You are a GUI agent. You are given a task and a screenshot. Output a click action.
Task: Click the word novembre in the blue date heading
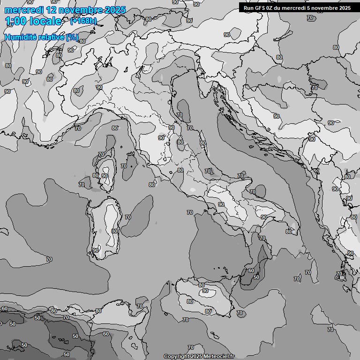coord(83,10)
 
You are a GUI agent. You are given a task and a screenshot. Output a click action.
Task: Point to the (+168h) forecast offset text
coord(83,21)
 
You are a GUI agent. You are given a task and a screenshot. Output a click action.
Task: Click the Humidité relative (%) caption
coord(41,37)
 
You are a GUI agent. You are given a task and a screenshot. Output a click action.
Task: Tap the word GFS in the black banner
coord(260,8)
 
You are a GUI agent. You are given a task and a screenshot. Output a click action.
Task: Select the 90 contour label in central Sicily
coord(205,291)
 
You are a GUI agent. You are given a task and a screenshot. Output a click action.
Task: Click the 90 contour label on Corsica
coord(104,176)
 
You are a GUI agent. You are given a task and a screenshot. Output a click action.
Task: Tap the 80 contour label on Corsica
coord(96,176)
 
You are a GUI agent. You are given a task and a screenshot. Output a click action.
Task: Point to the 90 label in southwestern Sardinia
coord(96,250)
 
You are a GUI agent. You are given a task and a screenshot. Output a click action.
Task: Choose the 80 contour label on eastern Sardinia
coord(114,231)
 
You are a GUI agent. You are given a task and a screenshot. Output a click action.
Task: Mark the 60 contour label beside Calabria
coord(251,270)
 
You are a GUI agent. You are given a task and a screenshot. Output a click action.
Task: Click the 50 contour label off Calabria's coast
coord(256,277)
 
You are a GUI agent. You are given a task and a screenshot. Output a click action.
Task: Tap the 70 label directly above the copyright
coord(190,347)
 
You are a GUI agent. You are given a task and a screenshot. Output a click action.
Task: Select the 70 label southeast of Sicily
coord(240,313)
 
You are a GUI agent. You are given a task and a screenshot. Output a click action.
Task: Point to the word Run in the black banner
coord(249,8)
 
